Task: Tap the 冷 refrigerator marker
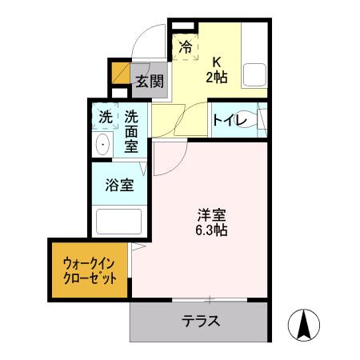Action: [186, 47]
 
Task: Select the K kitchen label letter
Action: [215, 62]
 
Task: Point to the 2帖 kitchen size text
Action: [216, 78]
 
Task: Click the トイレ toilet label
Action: [234, 121]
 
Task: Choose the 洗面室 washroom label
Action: [130, 130]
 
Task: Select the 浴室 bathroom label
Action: [119, 185]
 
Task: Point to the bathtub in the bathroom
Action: [118, 219]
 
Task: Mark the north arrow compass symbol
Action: [306, 323]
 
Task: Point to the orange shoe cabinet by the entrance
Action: [120, 73]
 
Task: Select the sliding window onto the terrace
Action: [210, 300]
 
